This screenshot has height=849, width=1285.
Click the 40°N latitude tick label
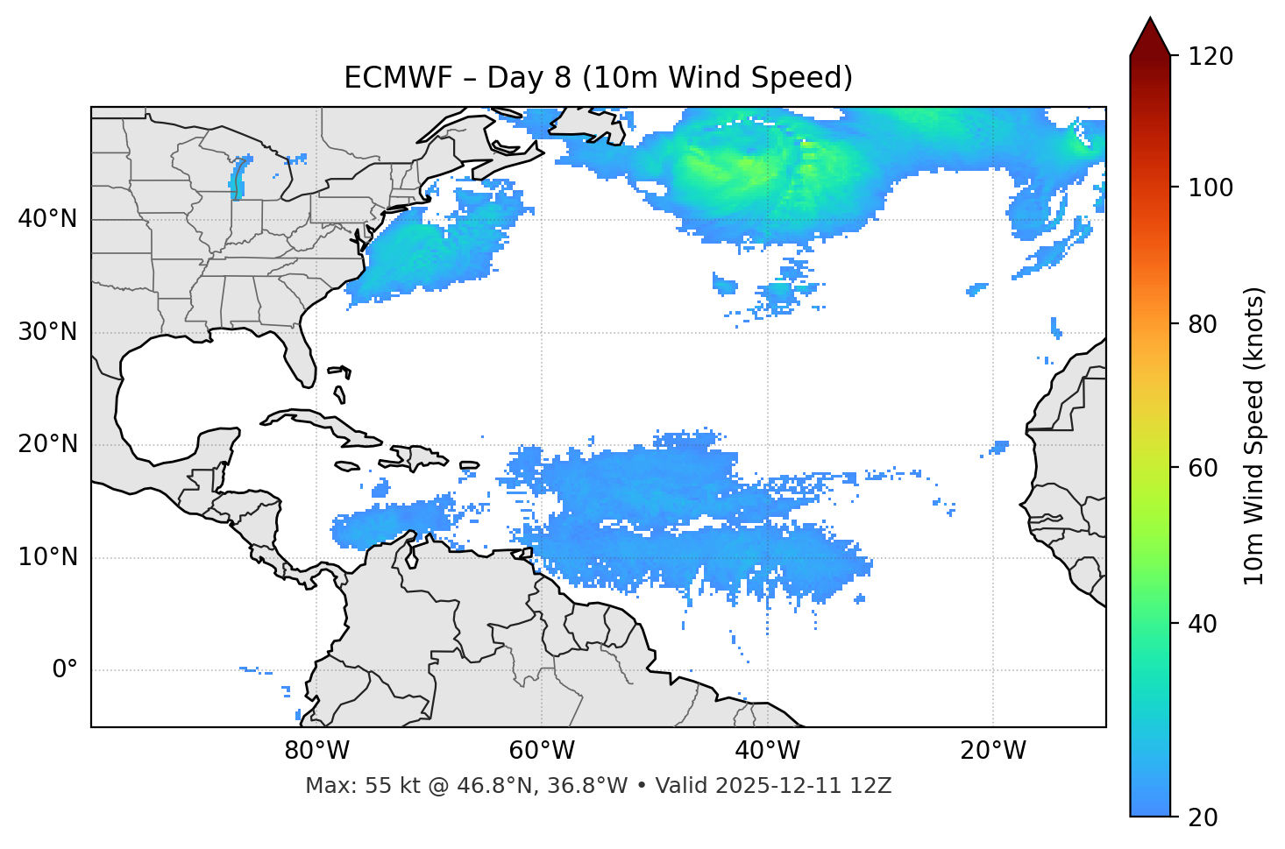click(47, 219)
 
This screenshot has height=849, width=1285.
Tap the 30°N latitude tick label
click(47, 332)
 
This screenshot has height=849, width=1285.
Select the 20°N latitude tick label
click(47, 444)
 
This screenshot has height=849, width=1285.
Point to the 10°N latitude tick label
click(47, 557)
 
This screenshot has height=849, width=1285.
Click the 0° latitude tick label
click(65, 670)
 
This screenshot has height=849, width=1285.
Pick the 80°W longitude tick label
click(316, 751)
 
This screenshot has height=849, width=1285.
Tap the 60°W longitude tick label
click(542, 751)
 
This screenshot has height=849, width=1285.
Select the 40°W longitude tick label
click(767, 751)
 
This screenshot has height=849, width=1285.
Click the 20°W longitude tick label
click(992, 751)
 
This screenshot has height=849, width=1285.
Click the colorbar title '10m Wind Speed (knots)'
click(1254, 435)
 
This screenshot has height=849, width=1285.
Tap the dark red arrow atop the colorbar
click(1150, 37)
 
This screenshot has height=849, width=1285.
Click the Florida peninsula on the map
click(301, 355)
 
